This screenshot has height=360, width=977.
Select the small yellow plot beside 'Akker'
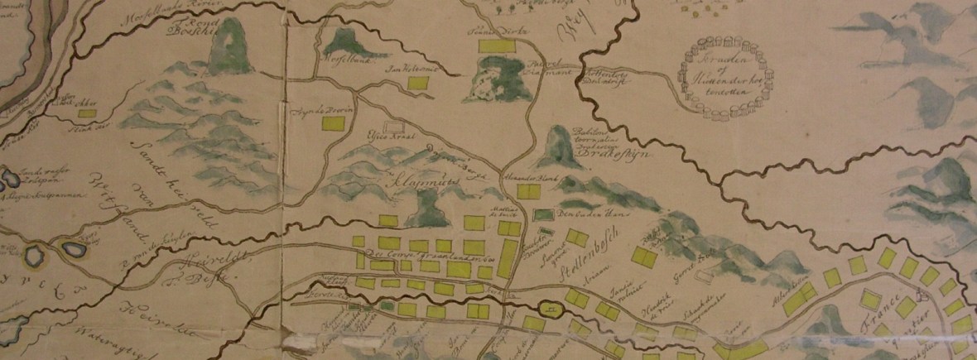click(88, 110)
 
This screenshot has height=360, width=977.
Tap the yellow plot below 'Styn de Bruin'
click(334, 123)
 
